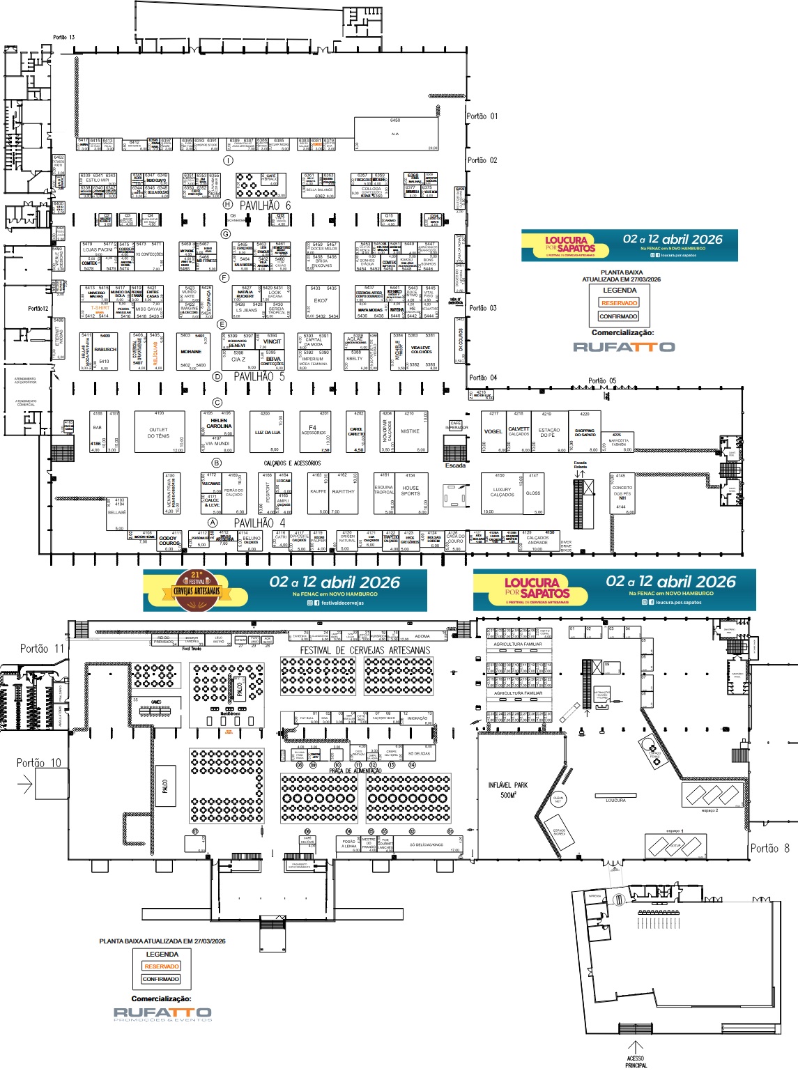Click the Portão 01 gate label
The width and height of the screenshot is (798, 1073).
point(482,116)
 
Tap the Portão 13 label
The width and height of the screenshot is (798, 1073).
point(63,38)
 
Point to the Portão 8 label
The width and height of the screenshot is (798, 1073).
point(769,848)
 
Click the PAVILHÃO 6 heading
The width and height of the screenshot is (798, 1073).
point(265,206)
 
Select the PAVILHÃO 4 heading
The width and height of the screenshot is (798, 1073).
point(259,523)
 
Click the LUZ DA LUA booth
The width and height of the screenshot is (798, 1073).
point(268,433)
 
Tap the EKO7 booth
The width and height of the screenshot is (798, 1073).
point(321,301)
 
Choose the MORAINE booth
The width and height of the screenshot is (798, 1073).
point(191,352)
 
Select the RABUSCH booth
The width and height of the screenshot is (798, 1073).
point(105,350)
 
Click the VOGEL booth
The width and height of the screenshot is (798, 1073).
point(493,432)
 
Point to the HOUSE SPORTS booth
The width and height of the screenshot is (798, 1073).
point(410,491)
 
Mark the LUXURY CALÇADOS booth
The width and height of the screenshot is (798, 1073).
point(502,493)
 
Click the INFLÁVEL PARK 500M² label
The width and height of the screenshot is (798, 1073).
point(508,789)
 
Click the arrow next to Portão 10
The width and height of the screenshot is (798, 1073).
point(25,785)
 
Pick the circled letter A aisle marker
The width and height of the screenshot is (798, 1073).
point(213,523)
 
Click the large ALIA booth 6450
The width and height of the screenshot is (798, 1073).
point(396,132)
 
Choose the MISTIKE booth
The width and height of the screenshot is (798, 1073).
point(410,432)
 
